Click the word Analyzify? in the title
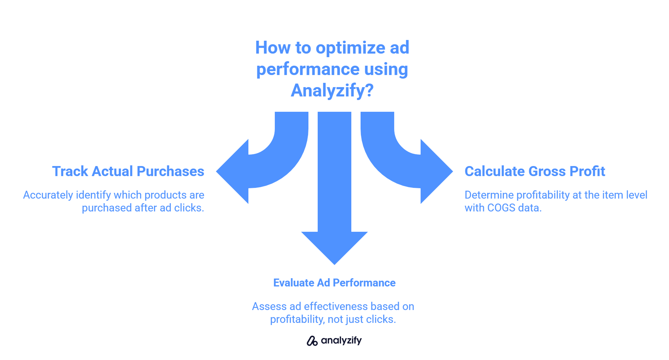[332, 90]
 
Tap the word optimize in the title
[351, 47]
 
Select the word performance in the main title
[308, 70]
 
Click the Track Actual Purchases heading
[128, 171]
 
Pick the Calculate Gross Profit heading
[535, 171]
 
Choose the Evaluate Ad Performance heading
[334, 283]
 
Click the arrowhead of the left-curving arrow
[232, 171]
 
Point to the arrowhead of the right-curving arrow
[437, 171]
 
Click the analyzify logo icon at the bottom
[312, 341]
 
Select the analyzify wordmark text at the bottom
[341, 341]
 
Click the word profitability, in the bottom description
[297, 320]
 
